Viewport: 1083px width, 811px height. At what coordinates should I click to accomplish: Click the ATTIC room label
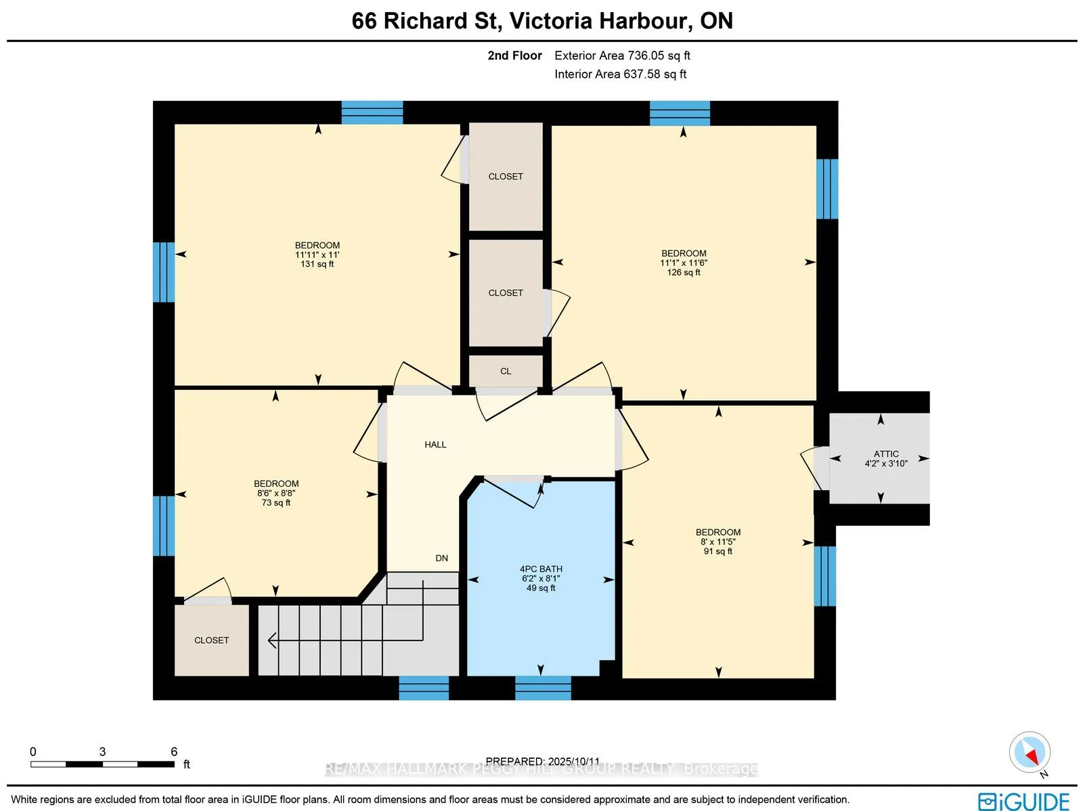point(886,454)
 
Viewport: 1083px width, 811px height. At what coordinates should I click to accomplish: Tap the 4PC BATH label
point(541,569)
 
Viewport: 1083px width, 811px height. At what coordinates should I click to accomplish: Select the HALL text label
point(435,445)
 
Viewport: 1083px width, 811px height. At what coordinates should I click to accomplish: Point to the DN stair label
point(441,558)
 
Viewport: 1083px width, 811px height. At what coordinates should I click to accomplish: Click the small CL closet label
point(506,371)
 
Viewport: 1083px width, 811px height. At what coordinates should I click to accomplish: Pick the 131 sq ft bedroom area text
point(317,264)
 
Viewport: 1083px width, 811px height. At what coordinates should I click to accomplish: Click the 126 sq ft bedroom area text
point(684,272)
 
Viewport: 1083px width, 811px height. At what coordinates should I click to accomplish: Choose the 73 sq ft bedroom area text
point(275,503)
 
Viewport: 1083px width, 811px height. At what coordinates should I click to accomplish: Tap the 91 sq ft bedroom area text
point(718,551)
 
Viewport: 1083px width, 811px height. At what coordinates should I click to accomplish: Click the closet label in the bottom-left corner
point(212,640)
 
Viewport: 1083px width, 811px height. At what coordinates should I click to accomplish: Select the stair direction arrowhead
point(272,641)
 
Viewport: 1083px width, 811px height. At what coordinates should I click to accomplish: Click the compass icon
point(1030,753)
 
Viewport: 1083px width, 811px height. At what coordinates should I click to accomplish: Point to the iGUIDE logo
point(1023,801)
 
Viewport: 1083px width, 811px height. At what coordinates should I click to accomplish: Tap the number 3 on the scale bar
point(102,751)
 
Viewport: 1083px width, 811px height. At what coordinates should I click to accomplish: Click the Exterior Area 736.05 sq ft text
point(622,56)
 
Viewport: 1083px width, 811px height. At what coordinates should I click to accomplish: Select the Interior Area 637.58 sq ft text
point(620,74)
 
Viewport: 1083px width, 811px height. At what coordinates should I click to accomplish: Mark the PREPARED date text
point(543,761)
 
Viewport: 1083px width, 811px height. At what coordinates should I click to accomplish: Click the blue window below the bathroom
point(543,688)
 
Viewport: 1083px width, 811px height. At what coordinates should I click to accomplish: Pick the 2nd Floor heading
point(514,56)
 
